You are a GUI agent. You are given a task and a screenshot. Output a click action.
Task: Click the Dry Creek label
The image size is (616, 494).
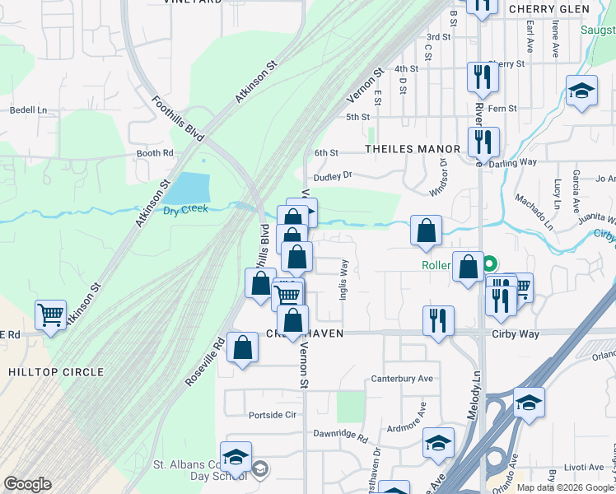click(x=185, y=209)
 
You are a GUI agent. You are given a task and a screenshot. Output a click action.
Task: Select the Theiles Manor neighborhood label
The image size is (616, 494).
click(x=413, y=149)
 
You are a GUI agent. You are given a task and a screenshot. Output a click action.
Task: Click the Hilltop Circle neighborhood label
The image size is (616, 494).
click(x=57, y=372)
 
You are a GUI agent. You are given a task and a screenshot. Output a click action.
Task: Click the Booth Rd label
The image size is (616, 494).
click(x=155, y=153)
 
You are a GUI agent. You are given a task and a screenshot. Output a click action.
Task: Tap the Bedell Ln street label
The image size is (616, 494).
click(x=28, y=110)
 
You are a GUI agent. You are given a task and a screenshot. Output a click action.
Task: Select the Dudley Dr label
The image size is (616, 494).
click(x=332, y=175)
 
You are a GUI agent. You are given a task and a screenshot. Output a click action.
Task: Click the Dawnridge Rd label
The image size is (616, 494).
click(x=339, y=433)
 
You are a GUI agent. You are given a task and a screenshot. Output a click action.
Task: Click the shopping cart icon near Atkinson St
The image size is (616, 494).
click(x=51, y=315)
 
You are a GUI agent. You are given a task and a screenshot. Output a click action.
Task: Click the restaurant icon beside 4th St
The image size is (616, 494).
click(x=483, y=77)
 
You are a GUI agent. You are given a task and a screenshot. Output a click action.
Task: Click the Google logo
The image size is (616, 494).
click(x=27, y=483)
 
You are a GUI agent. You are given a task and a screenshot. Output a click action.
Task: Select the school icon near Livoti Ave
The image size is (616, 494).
click(x=529, y=403)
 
